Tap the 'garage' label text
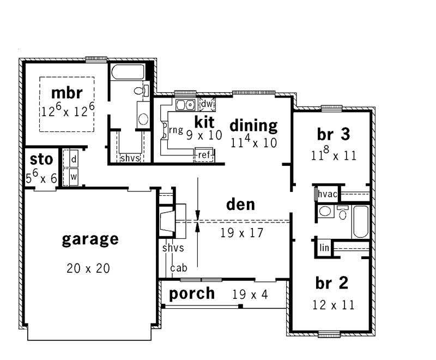point(90,239)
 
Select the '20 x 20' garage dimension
point(90,268)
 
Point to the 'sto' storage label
point(41,159)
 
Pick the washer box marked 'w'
point(73,177)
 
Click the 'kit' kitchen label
point(204,121)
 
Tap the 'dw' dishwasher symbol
point(207,104)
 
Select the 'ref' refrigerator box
point(203,155)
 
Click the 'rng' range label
point(175,130)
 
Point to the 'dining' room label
point(253,125)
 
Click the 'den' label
point(240,205)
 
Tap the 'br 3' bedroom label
point(332,134)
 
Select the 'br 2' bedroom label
point(331,283)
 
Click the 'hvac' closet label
point(329,194)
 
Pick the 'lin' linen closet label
point(325,248)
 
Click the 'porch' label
point(191,293)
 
